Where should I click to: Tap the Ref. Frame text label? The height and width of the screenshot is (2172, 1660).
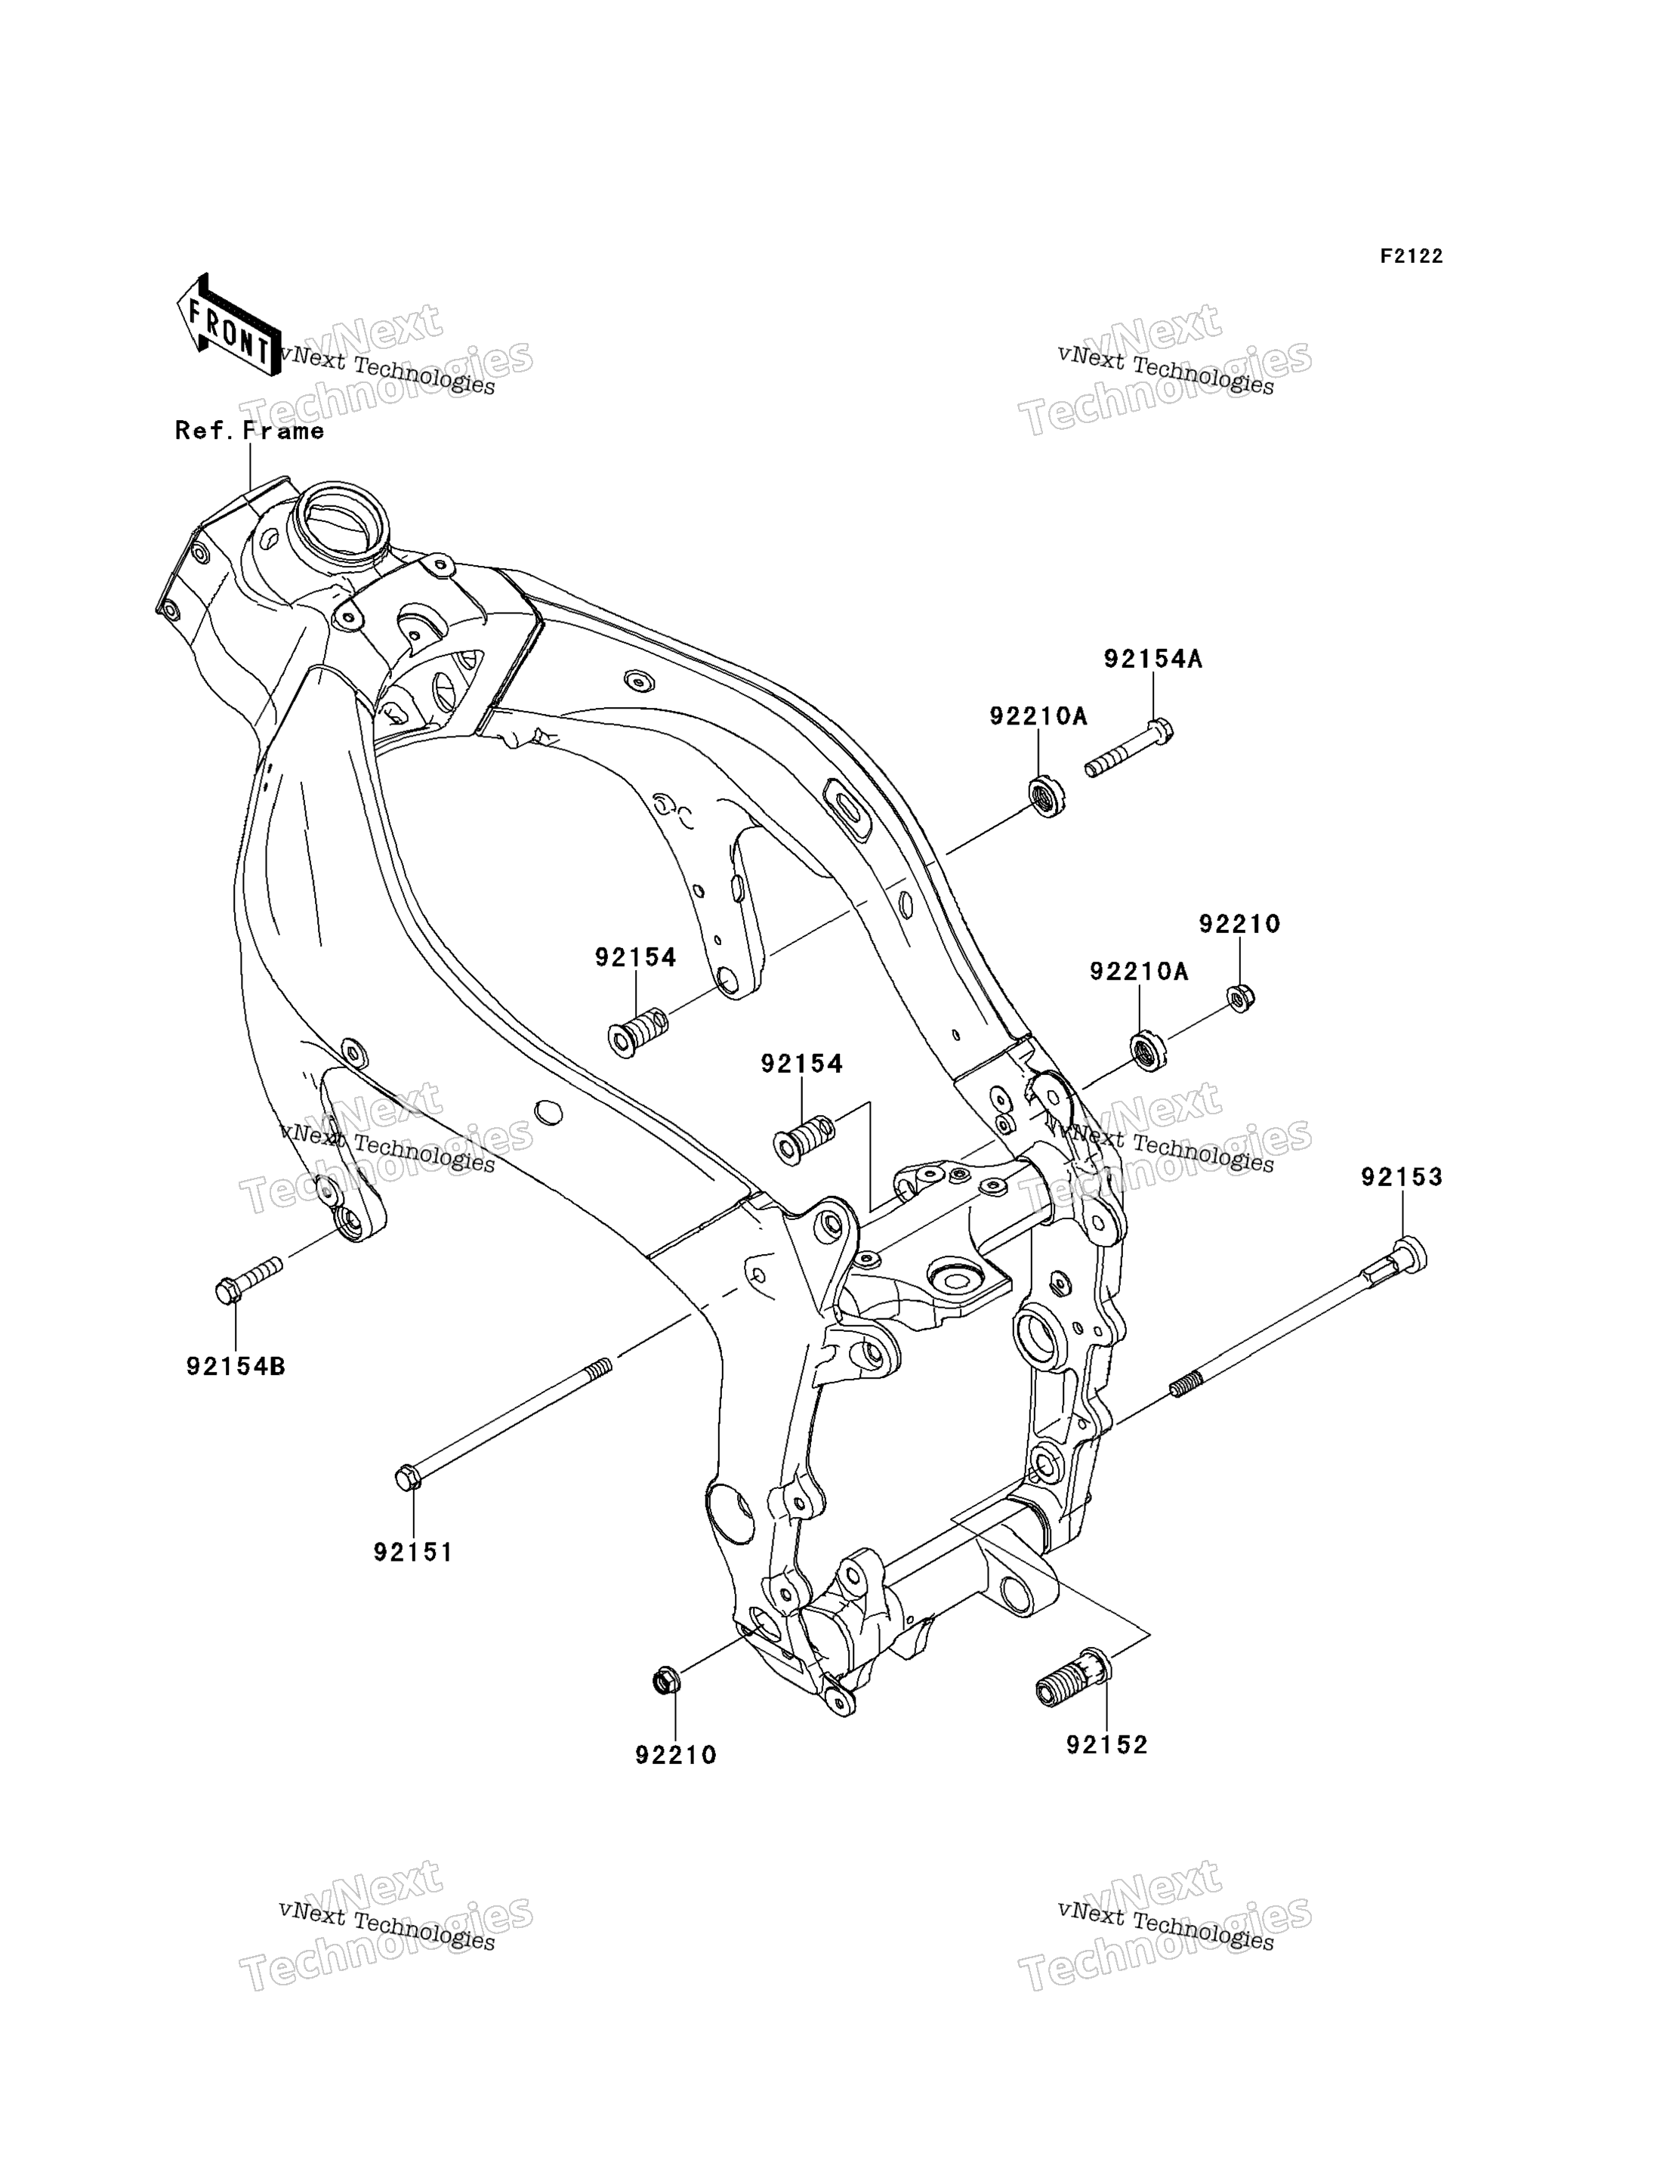tap(250, 431)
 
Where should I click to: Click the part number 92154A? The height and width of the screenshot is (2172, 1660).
tap(1153, 659)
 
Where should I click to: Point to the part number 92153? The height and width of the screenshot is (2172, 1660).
tap(1402, 1178)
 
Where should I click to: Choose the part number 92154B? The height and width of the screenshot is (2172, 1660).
tap(236, 1367)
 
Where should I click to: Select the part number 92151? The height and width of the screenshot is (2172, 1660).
tap(413, 1553)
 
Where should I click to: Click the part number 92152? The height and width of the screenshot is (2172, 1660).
tap(1106, 1746)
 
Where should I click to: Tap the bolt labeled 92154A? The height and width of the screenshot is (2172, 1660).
tap(1129, 748)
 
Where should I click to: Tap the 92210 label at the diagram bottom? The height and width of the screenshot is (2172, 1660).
tap(676, 1756)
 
